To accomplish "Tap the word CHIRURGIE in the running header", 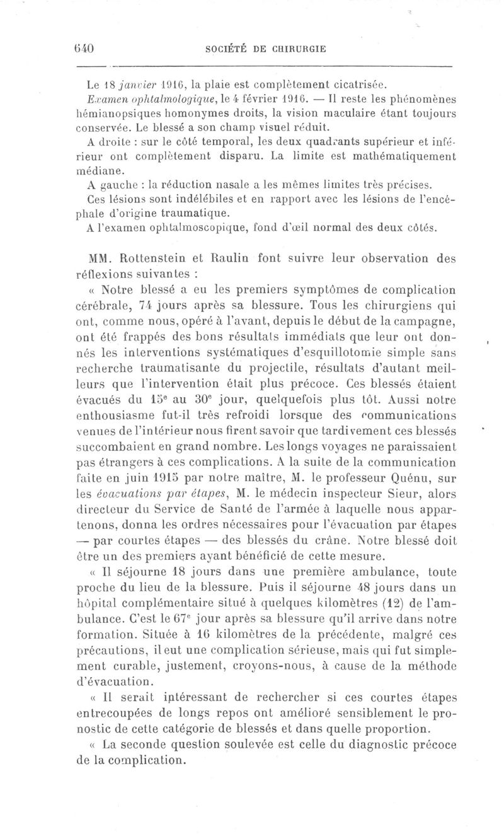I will click(295, 50).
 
